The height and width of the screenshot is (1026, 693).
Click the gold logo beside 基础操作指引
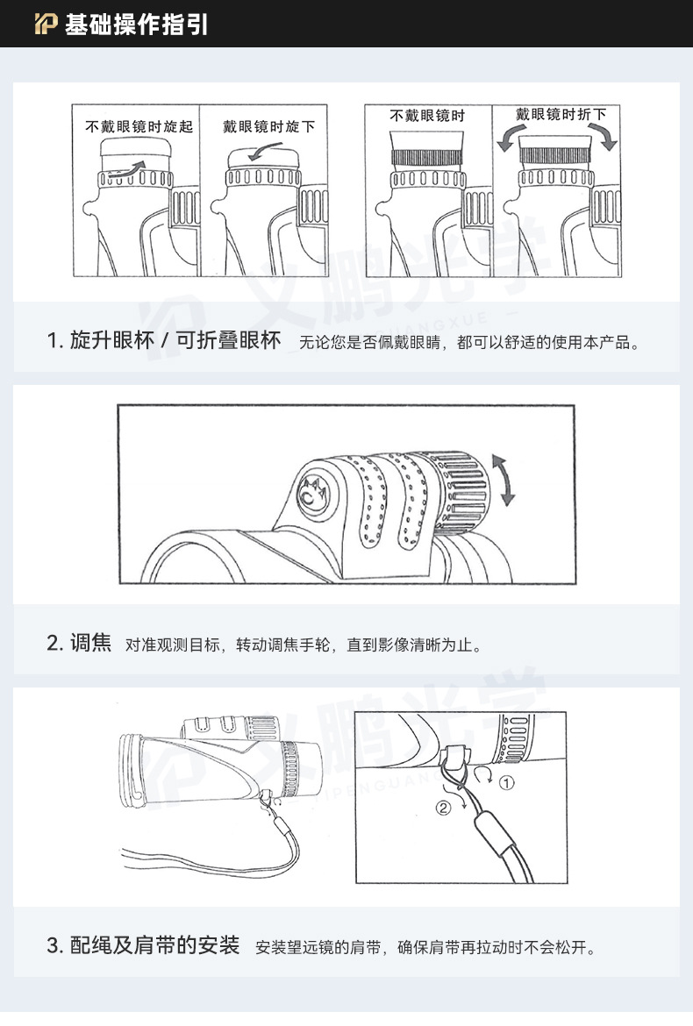click(x=46, y=25)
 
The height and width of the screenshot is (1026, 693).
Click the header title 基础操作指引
click(x=136, y=25)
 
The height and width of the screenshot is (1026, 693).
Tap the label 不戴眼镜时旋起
click(x=139, y=126)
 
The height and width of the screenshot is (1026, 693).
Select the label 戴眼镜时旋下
click(x=269, y=126)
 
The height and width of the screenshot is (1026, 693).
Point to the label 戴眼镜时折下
click(x=561, y=115)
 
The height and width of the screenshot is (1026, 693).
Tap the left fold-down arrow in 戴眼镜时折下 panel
click(x=505, y=138)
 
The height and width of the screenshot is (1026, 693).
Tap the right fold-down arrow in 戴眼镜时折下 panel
click(x=606, y=137)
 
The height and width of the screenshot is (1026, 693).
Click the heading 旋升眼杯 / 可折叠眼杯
click(x=163, y=341)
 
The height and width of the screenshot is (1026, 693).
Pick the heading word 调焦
click(x=91, y=643)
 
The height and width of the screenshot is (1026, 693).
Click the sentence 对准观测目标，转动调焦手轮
click(x=228, y=645)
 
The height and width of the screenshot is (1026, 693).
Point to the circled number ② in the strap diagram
click(x=443, y=809)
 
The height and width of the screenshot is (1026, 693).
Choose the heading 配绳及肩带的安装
click(x=154, y=945)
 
